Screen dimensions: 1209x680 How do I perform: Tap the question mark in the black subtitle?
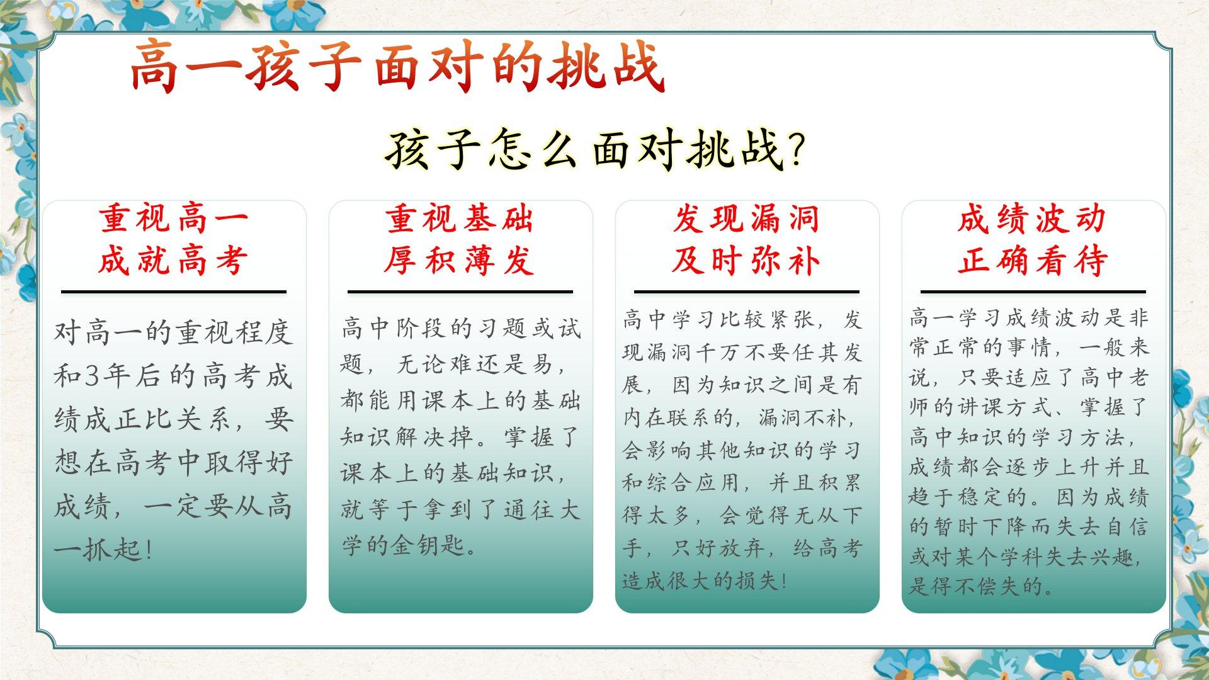point(796,150)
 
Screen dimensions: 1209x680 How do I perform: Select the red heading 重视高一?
point(173,219)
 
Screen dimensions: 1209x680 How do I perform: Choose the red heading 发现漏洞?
point(746,219)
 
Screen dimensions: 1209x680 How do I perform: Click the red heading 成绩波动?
point(1033,219)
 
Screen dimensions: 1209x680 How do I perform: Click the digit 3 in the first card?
point(93,376)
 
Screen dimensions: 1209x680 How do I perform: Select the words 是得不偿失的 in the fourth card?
point(975,586)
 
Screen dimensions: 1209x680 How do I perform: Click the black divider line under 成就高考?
point(174,292)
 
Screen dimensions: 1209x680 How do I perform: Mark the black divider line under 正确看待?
point(1033,292)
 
